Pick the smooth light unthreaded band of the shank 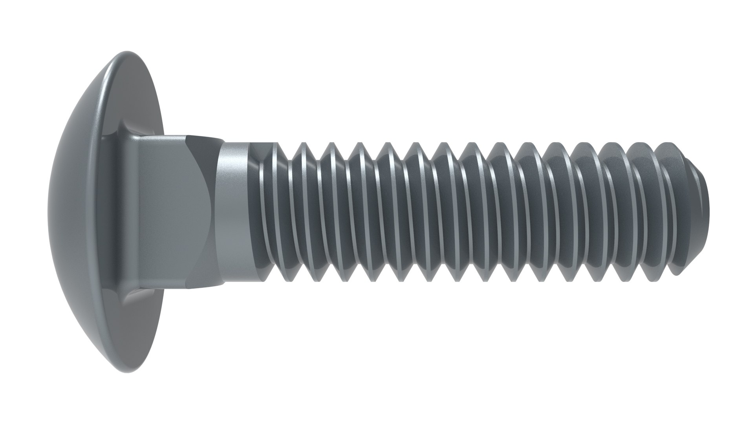point(234,212)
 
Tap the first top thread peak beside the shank point(275,144)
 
